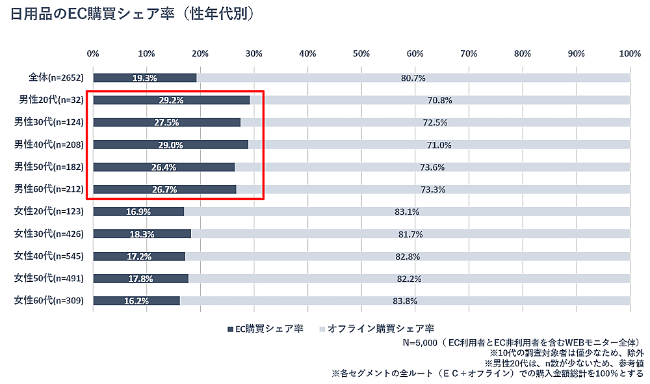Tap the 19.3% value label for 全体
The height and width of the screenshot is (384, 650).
[144, 78]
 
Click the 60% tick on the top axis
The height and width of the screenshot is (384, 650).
[415, 53]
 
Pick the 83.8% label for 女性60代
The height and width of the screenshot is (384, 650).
[405, 301]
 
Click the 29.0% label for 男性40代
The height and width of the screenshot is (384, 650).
[171, 144]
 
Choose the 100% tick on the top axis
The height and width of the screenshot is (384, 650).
[629, 53]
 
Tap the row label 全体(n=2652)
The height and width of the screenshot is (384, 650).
[57, 78]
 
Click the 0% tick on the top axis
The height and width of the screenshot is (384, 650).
[93, 53]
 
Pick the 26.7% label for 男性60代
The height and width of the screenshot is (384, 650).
[164, 189]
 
